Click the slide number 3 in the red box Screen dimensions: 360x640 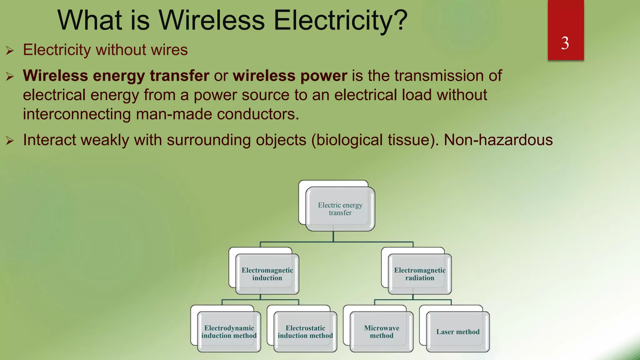point(565,43)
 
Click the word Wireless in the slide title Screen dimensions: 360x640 point(212,21)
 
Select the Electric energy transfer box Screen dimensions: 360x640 point(340,209)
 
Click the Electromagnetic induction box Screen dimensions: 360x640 point(267,274)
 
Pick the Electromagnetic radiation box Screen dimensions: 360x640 point(420,274)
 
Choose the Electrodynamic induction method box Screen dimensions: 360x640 point(229,332)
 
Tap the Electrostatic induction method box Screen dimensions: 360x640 point(305,332)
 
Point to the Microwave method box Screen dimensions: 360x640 point(382,332)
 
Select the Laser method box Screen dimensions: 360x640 point(458,332)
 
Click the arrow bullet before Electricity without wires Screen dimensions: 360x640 point(10,50)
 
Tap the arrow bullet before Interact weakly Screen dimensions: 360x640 point(10,141)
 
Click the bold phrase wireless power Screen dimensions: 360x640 point(290,76)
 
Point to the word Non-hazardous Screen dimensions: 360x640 point(498,140)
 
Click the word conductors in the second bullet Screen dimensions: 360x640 point(258,114)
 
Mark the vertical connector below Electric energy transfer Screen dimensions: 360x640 point(333,237)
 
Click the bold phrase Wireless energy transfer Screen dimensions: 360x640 point(116,76)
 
